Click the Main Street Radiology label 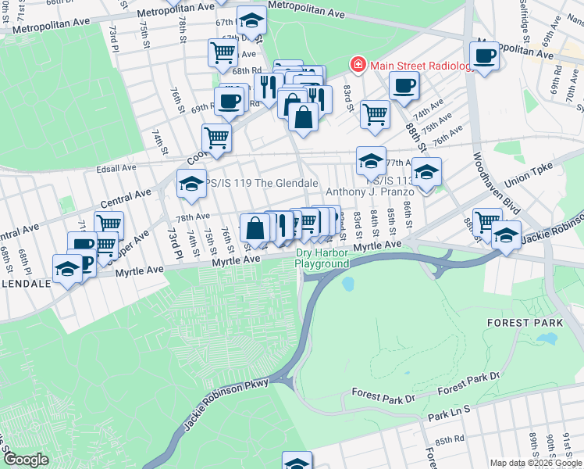(x=422, y=65)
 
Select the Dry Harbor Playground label (x=322, y=258)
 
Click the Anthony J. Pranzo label (x=367, y=191)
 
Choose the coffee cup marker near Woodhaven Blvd (x=485, y=56)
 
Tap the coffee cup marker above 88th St (x=404, y=86)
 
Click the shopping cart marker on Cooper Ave (x=216, y=138)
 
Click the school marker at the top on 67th (x=251, y=19)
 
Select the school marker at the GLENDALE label (x=68, y=270)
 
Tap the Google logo (x=26, y=460)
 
